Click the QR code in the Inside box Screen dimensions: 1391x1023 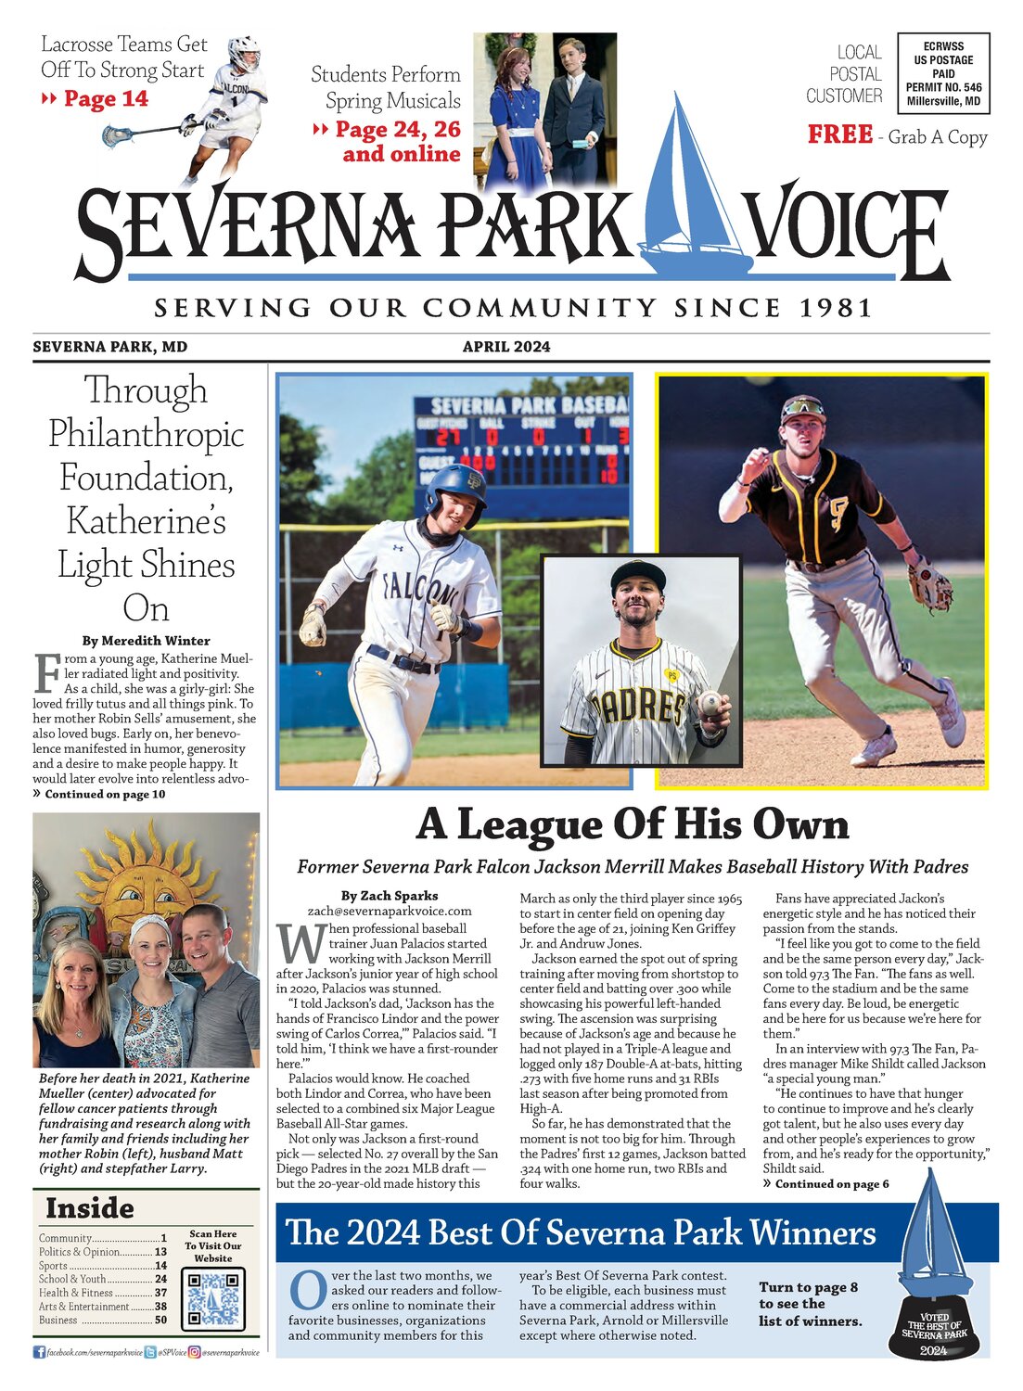pyautogui.click(x=213, y=1297)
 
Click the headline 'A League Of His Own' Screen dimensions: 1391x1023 pyautogui.click(x=633, y=823)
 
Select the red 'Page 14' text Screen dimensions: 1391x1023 pyautogui.click(x=105, y=99)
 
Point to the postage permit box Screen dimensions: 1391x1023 pyautogui.click(x=943, y=73)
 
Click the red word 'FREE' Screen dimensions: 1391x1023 pyautogui.click(x=839, y=135)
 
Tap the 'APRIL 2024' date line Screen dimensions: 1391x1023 pyautogui.click(x=506, y=347)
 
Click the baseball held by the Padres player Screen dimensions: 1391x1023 pyautogui.click(x=710, y=703)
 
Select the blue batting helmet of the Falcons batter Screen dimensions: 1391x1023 pyautogui.click(x=456, y=489)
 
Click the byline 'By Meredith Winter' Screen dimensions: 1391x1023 pyautogui.click(x=146, y=641)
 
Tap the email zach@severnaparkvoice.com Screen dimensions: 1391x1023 pyautogui.click(x=390, y=912)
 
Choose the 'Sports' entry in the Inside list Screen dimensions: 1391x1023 pyautogui.click(x=54, y=1265)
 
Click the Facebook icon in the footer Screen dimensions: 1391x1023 pyautogui.click(x=39, y=1353)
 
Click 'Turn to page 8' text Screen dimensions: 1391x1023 pyautogui.click(x=808, y=1287)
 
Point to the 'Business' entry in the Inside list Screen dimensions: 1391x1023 pyautogui.click(x=58, y=1320)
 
